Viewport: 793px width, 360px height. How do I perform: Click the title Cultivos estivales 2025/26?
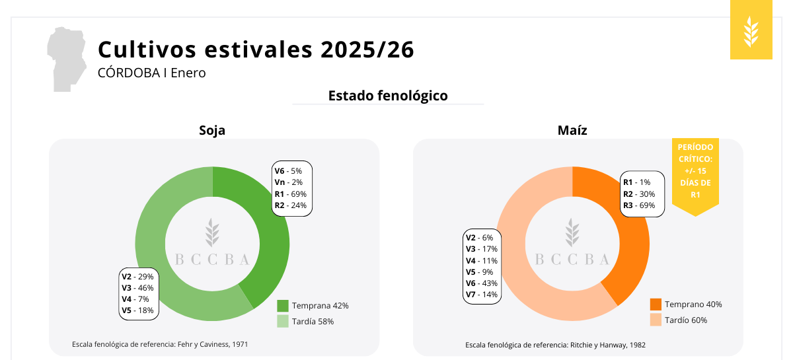(x=256, y=50)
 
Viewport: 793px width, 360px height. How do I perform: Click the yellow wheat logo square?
(x=751, y=30)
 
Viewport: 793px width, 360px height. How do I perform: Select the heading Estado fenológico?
(x=388, y=96)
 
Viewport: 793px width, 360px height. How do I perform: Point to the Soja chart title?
(x=212, y=130)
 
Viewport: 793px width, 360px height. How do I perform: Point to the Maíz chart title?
(x=572, y=130)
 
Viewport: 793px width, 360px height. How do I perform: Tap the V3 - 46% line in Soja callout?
(x=137, y=288)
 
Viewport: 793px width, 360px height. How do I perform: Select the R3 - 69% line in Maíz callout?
(x=639, y=205)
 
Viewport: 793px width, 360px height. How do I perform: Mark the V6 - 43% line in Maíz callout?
(x=482, y=283)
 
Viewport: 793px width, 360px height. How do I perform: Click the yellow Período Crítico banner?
(x=695, y=173)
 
